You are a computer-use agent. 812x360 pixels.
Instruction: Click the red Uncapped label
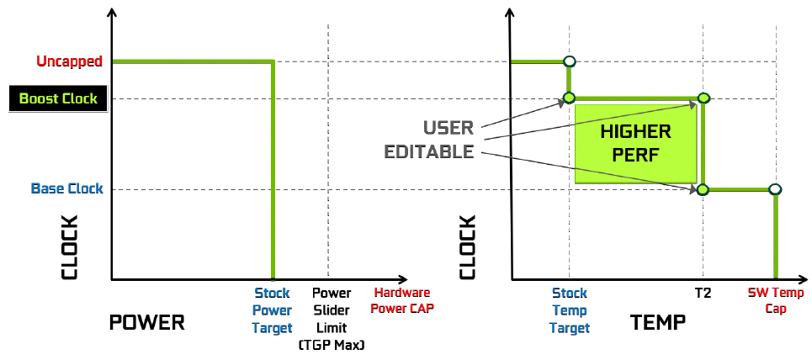pos(69,61)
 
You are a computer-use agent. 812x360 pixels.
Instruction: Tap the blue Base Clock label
pos(67,188)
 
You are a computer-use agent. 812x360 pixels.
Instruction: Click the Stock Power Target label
pos(272,310)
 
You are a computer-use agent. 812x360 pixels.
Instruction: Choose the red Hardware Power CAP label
pos(402,300)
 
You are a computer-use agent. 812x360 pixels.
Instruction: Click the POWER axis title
pos(146,323)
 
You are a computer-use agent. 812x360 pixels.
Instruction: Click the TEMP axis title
pos(657,323)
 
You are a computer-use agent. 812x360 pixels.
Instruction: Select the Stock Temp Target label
pos(570,310)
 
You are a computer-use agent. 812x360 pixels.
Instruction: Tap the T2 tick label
pos(703,294)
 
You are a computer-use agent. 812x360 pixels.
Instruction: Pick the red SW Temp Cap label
pos(776,300)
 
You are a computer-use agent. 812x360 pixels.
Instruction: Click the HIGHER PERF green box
pos(635,143)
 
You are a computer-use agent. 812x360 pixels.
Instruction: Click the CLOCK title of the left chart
pos(69,247)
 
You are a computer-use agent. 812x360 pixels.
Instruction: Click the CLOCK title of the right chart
pos(469,247)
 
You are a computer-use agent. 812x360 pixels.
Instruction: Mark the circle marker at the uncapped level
pos(570,61)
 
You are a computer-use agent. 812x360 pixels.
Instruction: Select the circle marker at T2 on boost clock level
pos(703,98)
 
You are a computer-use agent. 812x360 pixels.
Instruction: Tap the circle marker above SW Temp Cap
pos(775,189)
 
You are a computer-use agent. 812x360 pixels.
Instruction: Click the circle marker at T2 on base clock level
pos(703,189)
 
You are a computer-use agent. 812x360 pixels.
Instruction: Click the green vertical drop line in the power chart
pos(273,168)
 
